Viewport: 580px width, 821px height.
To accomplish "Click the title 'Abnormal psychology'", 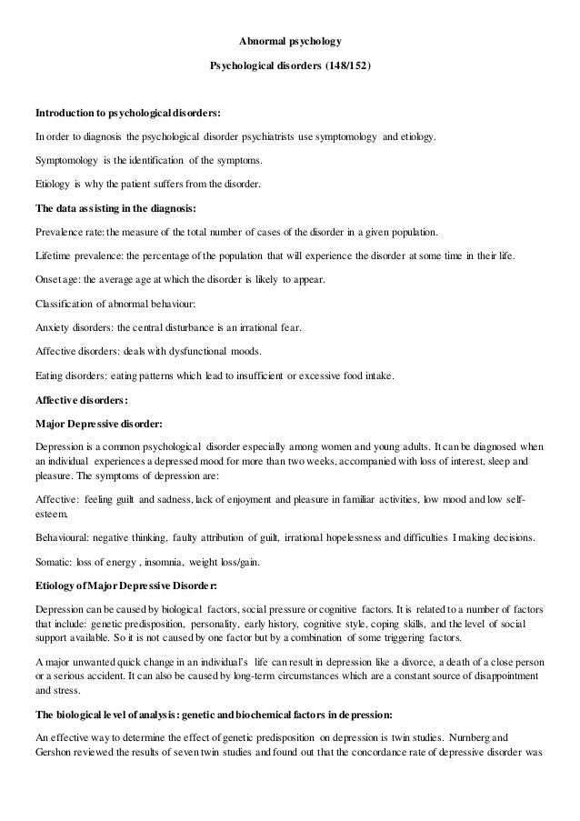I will (290, 42).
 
